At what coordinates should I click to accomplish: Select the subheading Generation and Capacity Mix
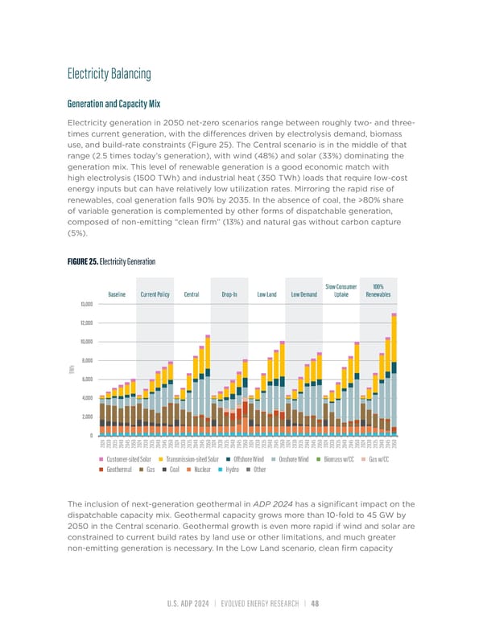point(114,103)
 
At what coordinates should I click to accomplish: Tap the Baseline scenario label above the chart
point(117,294)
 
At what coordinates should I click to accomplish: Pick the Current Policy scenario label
point(153,294)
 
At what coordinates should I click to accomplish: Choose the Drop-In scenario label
point(229,294)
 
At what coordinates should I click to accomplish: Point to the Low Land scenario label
point(266,294)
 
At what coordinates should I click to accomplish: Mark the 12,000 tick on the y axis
point(86,322)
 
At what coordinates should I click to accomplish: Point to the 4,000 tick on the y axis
point(88,398)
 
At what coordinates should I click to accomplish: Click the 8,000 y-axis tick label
point(88,360)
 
